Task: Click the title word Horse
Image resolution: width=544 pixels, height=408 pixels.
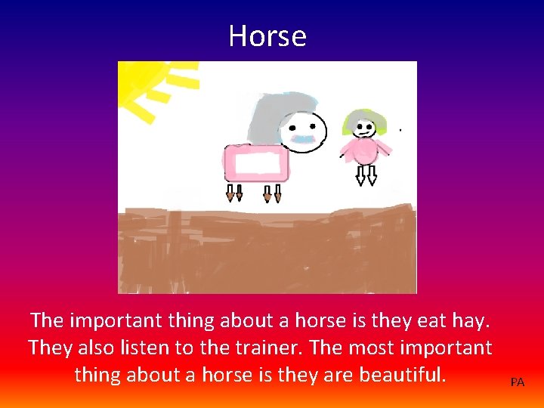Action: [x=267, y=36]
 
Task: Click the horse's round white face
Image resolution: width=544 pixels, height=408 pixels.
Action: [x=306, y=131]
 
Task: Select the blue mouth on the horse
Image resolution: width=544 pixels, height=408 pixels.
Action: [x=304, y=140]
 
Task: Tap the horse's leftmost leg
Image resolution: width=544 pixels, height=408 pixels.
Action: [x=230, y=193]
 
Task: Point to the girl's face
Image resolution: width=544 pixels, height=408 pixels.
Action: [x=365, y=128]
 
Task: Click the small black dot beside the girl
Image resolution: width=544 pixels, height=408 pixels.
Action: [x=400, y=131]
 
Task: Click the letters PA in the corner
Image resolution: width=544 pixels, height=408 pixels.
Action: [x=517, y=382]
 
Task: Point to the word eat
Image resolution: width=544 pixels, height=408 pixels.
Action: [x=432, y=320]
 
